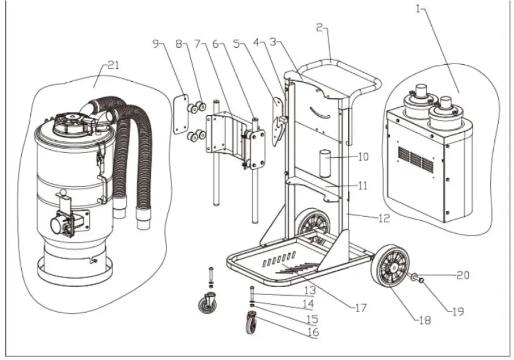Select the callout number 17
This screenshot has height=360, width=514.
[x=361, y=307]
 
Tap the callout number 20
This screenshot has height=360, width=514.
[x=464, y=275]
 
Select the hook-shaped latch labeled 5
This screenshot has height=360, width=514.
[x=277, y=122]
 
